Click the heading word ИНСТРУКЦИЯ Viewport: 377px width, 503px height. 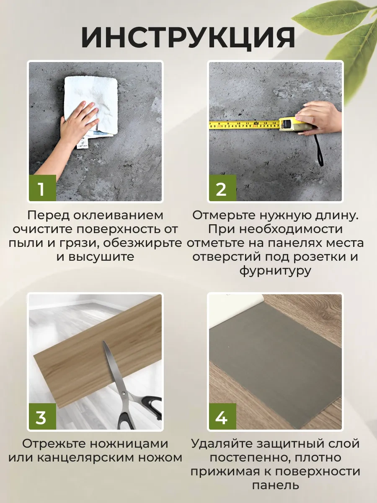tap(188, 37)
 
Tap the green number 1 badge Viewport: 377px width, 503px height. tap(43, 188)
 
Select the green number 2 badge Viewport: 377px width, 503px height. tap(222, 188)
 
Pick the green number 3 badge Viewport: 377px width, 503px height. tap(43, 416)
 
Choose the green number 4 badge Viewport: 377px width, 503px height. tap(222, 416)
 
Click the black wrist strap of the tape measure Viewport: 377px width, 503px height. tap(319, 150)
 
